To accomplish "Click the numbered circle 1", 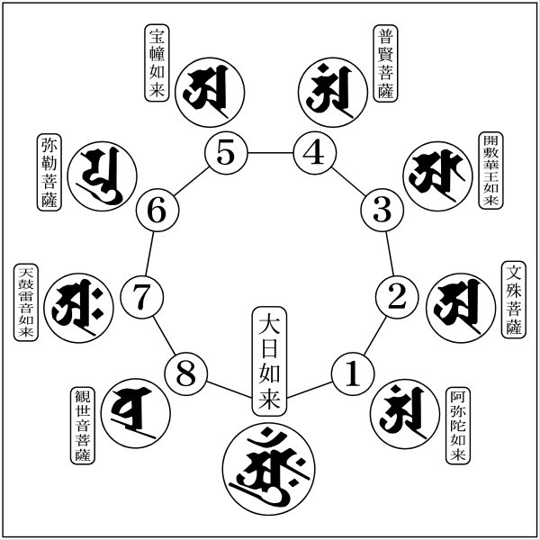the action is coord(353,373).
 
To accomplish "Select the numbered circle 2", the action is coord(397,297).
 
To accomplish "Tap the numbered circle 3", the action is coord(382,210).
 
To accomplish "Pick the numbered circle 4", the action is coord(314,153).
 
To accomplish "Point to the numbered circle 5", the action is coord(226,153).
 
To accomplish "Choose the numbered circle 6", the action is coord(157,210).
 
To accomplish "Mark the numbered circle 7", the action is coord(142,297).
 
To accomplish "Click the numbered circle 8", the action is coord(186,373).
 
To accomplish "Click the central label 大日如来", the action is coord(269,362).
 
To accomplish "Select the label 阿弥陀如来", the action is coord(458,426).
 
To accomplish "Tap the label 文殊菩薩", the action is coord(514,300).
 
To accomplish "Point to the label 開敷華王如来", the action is coord(490,170).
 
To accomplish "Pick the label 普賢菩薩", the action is coord(386,63).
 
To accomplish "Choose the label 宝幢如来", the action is coord(157,63).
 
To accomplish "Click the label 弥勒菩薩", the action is coord(49,172).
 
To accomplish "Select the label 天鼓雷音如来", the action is coord(26,302).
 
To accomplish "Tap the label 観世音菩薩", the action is coord(83,426).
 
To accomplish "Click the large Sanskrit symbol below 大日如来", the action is coord(268,470).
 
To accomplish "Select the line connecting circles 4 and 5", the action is coord(270,153).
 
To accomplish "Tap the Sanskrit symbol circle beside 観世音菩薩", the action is coord(136,413).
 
